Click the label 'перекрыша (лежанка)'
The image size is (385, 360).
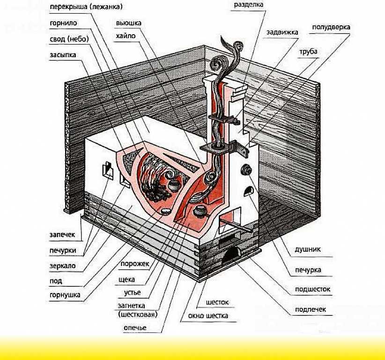[86, 7]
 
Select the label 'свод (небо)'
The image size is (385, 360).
[69, 39]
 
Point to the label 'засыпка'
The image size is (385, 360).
[63, 55]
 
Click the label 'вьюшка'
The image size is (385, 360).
[129, 23]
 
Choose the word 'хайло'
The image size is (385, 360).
[126, 36]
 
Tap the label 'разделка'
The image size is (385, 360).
[249, 5]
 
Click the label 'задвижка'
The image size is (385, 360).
[282, 32]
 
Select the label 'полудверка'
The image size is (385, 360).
[331, 27]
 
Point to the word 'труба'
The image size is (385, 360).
[308, 52]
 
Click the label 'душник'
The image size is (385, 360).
[308, 249]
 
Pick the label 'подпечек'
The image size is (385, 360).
[311, 309]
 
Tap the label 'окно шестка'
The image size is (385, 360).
[208, 316]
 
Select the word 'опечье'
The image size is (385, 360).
[135, 328]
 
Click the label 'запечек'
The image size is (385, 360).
[62, 235]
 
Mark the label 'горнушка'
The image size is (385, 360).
[65, 295]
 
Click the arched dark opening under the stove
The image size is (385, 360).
[231, 256]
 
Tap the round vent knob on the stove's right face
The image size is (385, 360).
[246, 170]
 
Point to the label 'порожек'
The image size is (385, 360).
[134, 264]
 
